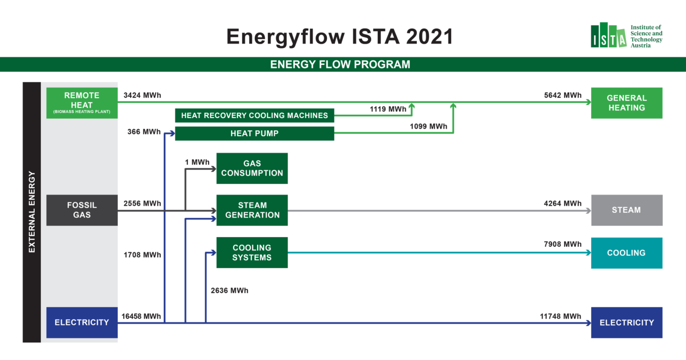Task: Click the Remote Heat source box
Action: [x=82, y=103]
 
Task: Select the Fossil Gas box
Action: [x=82, y=210]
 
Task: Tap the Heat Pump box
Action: [x=254, y=133]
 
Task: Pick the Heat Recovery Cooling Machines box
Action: [x=254, y=115]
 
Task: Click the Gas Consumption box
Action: [x=252, y=169]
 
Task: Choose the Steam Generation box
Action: [x=252, y=210]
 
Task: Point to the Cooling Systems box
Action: [x=252, y=252]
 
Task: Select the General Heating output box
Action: [x=626, y=103]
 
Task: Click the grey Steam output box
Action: [x=626, y=210]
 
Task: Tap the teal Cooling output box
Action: [x=626, y=253]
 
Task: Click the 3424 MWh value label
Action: [x=142, y=95]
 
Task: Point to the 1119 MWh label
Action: [x=388, y=109]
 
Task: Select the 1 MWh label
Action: [x=197, y=162]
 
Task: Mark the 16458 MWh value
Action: [x=141, y=316]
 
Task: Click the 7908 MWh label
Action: [x=563, y=244]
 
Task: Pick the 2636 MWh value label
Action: [x=230, y=290]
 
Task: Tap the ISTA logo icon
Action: [x=608, y=35]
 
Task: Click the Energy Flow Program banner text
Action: [x=340, y=64]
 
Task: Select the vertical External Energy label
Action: [x=32, y=212]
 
